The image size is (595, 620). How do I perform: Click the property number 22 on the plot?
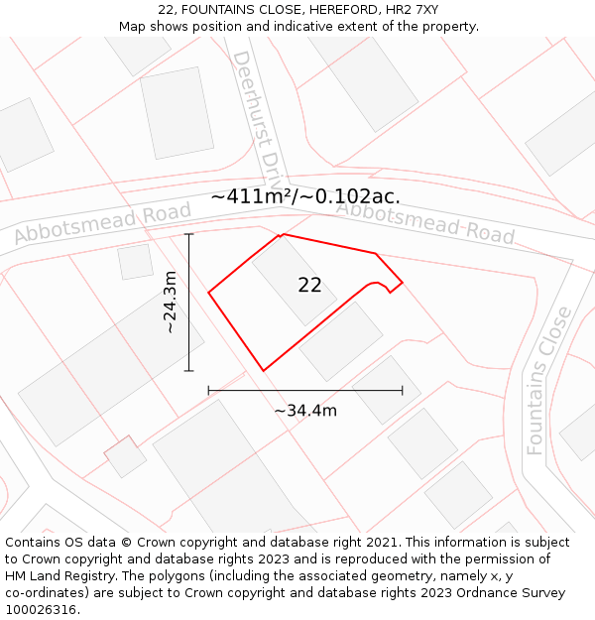[x=309, y=286]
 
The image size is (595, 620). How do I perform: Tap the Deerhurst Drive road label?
[x=256, y=109]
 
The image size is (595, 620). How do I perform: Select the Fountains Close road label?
[x=549, y=380]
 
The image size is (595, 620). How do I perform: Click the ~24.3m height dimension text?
[x=171, y=302]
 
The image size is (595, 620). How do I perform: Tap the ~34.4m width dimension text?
[x=305, y=411]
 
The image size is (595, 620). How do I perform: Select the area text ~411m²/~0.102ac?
[x=305, y=196]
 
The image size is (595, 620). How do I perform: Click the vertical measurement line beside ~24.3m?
[x=188, y=303]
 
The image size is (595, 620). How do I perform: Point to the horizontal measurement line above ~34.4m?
[x=305, y=391]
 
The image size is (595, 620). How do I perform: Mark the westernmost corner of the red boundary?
[x=208, y=293]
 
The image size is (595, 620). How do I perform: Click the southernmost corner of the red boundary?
[x=263, y=371]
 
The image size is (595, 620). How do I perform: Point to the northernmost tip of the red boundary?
[x=284, y=234]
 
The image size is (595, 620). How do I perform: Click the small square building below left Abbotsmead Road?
[x=135, y=262]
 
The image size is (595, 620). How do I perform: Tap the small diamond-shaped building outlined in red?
[x=125, y=456]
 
